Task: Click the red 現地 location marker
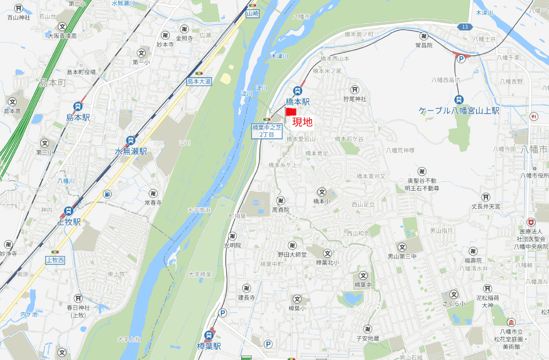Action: (x=291, y=112)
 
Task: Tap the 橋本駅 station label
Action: (x=297, y=102)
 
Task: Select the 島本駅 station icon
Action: (x=78, y=106)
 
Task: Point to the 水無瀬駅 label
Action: (x=131, y=152)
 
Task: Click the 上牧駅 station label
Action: (x=69, y=222)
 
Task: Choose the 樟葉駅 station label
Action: (x=209, y=347)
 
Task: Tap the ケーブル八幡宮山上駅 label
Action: (x=459, y=110)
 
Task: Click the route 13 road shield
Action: (x=463, y=26)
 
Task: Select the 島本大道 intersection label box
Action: (x=199, y=82)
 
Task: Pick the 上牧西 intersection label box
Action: (x=55, y=260)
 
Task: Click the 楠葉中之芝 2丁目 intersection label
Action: (x=267, y=131)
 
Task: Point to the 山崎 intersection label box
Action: (x=253, y=13)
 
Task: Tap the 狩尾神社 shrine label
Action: (x=355, y=99)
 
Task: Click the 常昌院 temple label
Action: (x=424, y=45)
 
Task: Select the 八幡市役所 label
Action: (x=534, y=175)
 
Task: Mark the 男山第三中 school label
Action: (x=402, y=257)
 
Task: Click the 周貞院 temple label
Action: (x=280, y=210)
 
